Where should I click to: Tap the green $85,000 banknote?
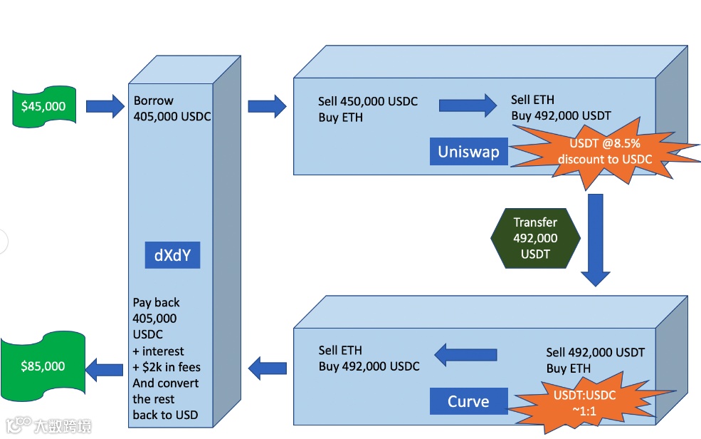43,366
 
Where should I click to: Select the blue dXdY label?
172,255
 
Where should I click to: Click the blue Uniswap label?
468,152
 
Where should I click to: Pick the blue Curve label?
468,401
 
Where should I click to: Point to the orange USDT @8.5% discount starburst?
605,152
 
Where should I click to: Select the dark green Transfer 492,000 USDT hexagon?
535,238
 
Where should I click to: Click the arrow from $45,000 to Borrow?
105,107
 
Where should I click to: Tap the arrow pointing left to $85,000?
105,368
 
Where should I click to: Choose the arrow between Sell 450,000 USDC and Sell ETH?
468,106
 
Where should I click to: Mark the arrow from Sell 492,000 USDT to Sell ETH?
465,353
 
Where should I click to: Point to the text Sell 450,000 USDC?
367,102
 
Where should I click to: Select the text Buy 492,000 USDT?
561,115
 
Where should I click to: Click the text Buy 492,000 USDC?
369,366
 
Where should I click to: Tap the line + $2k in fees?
166,368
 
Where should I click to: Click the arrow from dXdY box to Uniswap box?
267,107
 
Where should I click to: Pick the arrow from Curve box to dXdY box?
267,368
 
